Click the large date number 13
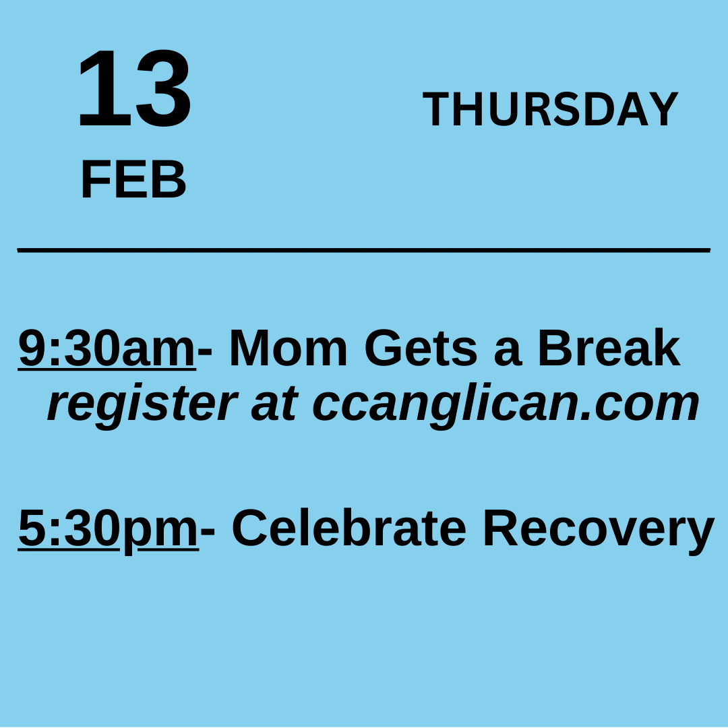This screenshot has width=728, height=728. click(135, 89)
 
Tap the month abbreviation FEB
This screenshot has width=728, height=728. click(133, 181)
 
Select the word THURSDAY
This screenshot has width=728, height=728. click(550, 109)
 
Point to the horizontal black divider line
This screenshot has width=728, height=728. click(364, 250)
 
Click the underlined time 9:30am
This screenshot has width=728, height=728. click(107, 349)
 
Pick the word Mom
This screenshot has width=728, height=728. click(289, 349)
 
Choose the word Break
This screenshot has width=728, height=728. click(608, 349)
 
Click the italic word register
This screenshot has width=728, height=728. click(142, 404)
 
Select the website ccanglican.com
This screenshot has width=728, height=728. click(506, 404)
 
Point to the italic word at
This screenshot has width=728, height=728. click(274, 404)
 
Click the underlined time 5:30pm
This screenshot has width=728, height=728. click(108, 528)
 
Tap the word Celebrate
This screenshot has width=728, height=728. click(348, 528)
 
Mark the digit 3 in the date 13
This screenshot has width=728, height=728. click(162, 89)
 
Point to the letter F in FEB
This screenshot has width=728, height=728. click(94, 181)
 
